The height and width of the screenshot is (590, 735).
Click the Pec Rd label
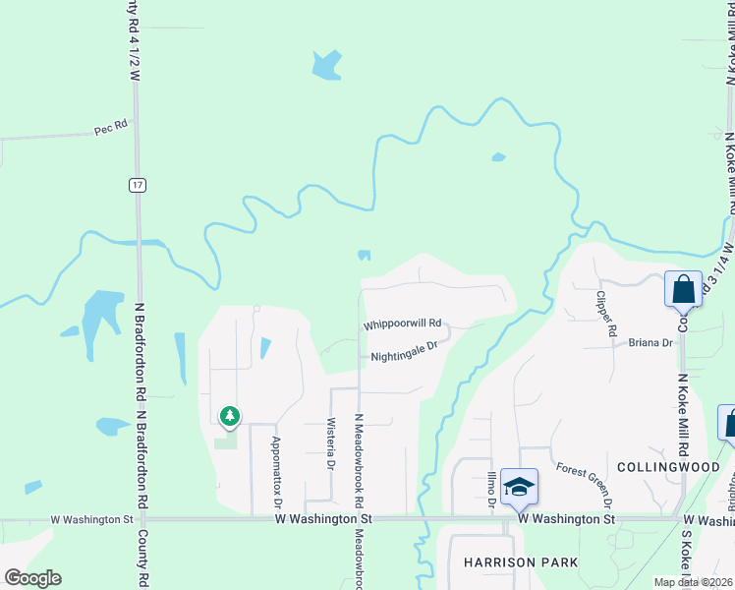click(111, 127)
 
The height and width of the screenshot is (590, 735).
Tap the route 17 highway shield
click(136, 184)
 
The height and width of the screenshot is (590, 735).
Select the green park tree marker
click(229, 418)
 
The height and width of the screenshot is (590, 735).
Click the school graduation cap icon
click(519, 486)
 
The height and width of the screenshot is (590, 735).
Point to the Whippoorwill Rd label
click(403, 324)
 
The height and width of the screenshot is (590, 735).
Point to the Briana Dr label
click(650, 343)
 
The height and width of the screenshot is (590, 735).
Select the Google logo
click(32, 578)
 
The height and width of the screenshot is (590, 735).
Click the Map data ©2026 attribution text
click(692, 581)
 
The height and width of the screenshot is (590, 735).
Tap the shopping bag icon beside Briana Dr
click(683, 289)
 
